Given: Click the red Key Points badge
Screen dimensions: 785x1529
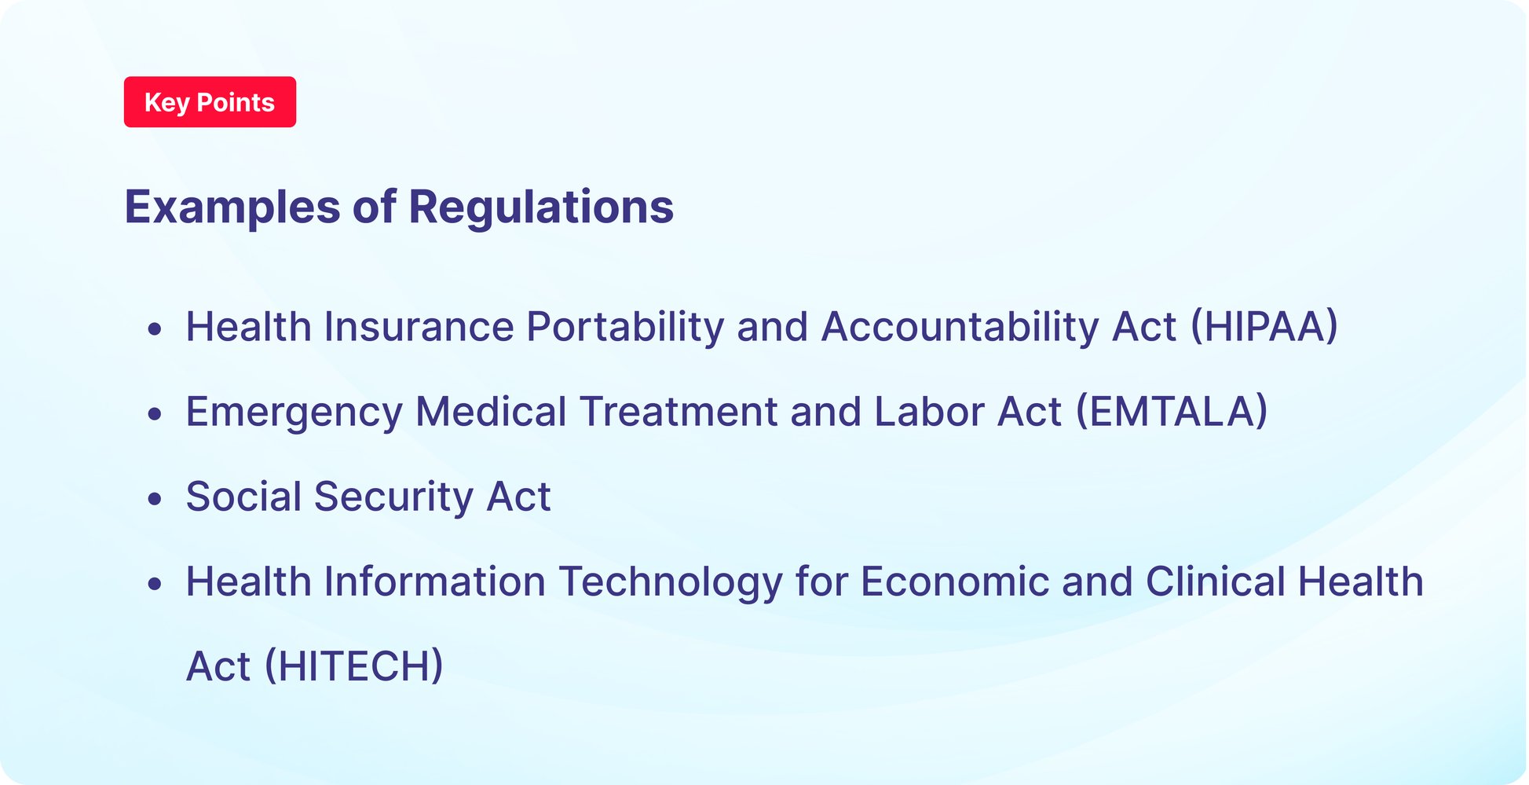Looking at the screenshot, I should pyautogui.click(x=210, y=102).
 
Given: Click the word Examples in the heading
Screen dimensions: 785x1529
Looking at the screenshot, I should pyautogui.click(x=232, y=207).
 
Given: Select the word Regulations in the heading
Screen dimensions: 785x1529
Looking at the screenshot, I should pyautogui.click(x=541, y=207).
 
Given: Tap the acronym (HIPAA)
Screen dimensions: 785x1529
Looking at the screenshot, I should pyautogui.click(x=1264, y=327).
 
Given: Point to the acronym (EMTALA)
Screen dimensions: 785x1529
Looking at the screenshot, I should pyautogui.click(x=1172, y=412).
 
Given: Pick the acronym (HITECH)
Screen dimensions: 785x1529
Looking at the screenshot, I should pyautogui.click(x=353, y=666).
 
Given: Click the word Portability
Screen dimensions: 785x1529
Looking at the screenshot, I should pyautogui.click(x=625, y=327).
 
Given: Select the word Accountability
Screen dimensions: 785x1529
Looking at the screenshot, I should pyautogui.click(x=960, y=327).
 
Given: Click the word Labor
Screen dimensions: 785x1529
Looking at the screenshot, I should pyautogui.click(x=928, y=412).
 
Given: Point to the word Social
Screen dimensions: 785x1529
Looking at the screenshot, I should pyautogui.click(x=243, y=497).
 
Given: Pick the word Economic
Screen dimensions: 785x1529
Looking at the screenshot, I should pyautogui.click(x=955, y=581).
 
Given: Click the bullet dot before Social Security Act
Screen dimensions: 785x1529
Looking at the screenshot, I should pyautogui.click(x=155, y=498).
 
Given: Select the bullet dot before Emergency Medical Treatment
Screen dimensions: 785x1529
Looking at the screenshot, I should pyautogui.click(x=155, y=413).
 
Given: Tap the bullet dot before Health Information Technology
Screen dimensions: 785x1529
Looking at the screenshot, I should pyautogui.click(x=155, y=583).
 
